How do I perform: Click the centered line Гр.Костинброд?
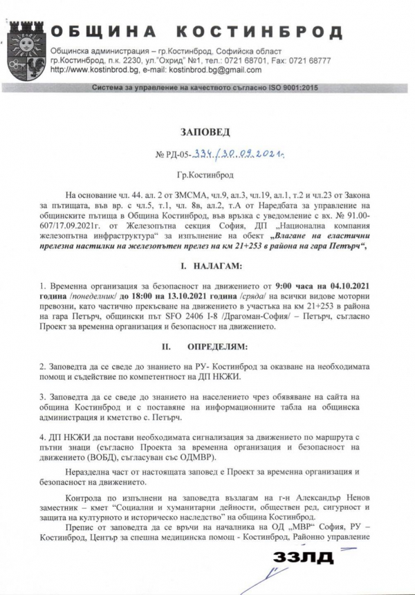[x=206, y=176]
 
